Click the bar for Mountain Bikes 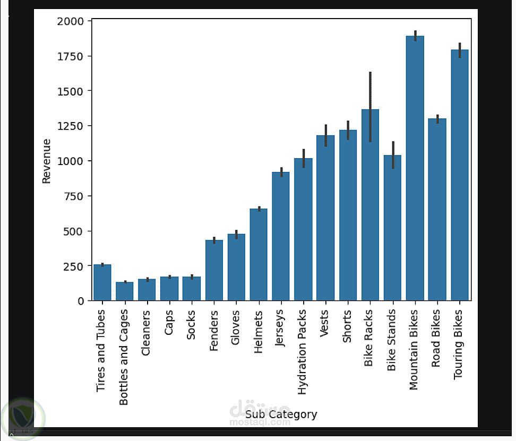click(415, 170)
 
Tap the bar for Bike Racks click(370, 207)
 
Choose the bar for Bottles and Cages click(125, 291)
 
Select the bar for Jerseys click(281, 237)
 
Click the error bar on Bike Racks click(370, 106)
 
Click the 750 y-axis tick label click(74, 196)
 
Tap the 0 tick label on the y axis click(81, 301)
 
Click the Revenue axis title click(47, 161)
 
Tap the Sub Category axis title click(281, 414)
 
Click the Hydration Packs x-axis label click(303, 353)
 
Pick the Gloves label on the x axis click(236, 327)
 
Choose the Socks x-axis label click(191, 325)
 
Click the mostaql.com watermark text click(260, 422)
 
